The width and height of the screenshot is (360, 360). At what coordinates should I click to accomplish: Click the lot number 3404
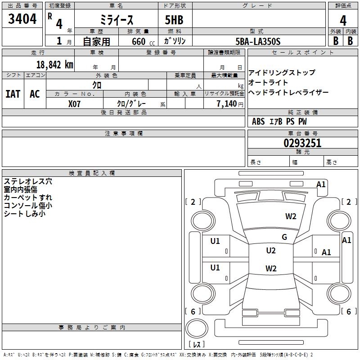click(22, 19)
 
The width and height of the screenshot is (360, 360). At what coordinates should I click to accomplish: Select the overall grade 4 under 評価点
click(343, 20)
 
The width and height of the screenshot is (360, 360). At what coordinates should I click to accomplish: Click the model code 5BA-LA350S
click(257, 41)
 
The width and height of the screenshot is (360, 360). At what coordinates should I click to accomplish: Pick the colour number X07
click(75, 103)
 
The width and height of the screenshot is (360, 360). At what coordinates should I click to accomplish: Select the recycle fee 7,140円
click(230, 103)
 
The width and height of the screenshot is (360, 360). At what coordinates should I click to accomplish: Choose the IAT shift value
click(13, 94)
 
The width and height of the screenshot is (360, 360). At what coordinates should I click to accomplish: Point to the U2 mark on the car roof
click(270, 251)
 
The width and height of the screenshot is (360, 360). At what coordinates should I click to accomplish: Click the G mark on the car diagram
click(284, 237)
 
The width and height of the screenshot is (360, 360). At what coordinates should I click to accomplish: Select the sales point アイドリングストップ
click(282, 72)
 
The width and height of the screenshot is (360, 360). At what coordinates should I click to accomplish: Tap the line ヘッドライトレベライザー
click(288, 92)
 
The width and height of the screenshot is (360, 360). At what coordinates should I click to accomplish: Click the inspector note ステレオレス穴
click(28, 181)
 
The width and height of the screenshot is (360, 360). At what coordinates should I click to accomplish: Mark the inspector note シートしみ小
click(25, 214)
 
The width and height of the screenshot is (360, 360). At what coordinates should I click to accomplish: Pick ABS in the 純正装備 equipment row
click(258, 121)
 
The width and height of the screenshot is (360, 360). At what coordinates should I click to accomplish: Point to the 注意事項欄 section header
click(123, 134)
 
